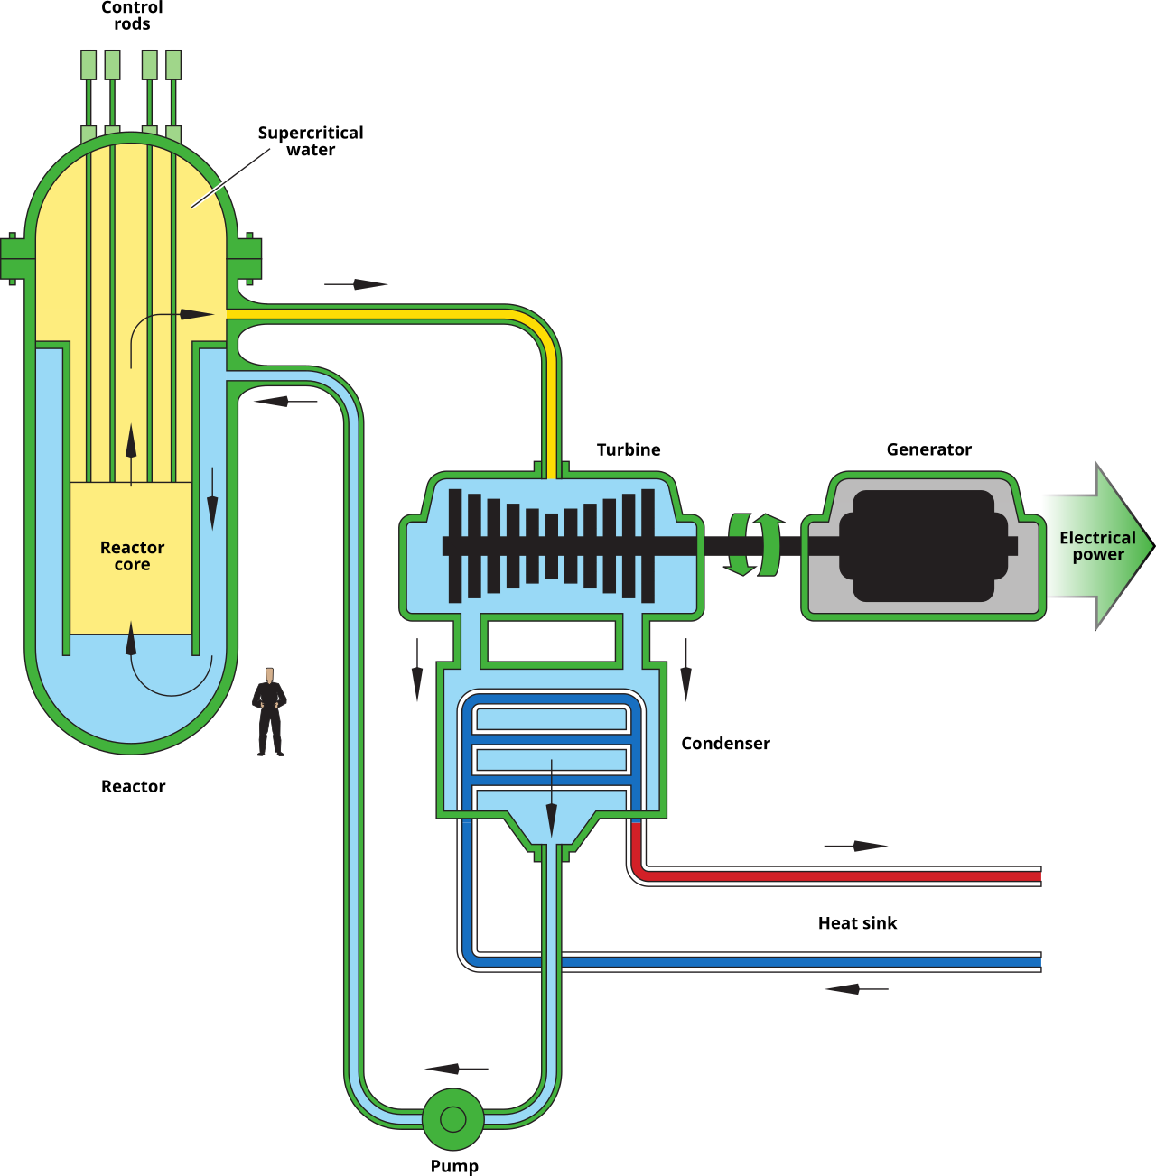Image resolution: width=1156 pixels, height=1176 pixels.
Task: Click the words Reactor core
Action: pyautogui.click(x=132, y=555)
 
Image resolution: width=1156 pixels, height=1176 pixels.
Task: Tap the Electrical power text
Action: pyautogui.click(x=1097, y=545)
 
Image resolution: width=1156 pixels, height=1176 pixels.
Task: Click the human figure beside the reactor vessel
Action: pyautogui.click(x=269, y=713)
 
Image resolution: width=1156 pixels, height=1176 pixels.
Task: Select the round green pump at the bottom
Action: pyautogui.click(x=452, y=1119)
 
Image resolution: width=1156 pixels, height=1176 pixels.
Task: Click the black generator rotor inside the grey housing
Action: pyautogui.click(x=923, y=546)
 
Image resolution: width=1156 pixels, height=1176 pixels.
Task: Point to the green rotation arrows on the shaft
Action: pyautogui.click(x=754, y=544)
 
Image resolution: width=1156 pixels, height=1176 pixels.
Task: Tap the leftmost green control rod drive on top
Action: pyautogui.click(x=89, y=66)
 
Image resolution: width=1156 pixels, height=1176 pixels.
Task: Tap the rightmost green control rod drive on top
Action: pyautogui.click(x=173, y=66)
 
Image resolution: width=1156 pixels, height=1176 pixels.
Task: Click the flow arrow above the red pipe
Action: pyautogui.click(x=856, y=846)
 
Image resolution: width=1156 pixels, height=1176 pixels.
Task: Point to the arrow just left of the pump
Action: pyautogui.click(x=455, y=1069)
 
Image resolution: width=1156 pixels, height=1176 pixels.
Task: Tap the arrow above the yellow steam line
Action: pyautogui.click(x=356, y=284)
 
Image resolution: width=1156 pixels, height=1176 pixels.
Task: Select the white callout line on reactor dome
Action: pyautogui.click(x=231, y=178)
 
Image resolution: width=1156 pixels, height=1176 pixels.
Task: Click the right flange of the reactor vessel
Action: pyautogui.click(x=246, y=258)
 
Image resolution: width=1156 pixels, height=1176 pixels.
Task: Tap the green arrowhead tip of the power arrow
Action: pyautogui.click(x=1149, y=545)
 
